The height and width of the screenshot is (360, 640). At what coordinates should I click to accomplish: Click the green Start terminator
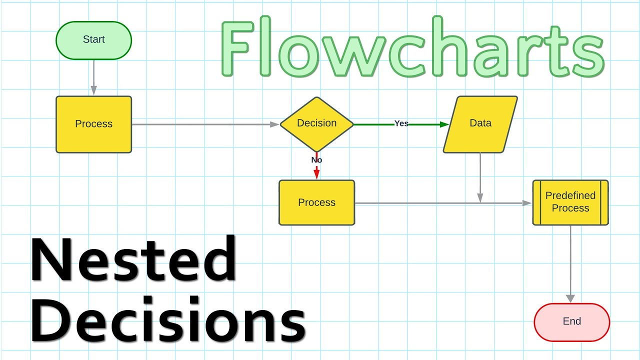(93, 40)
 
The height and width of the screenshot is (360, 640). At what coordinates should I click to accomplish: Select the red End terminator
(572, 322)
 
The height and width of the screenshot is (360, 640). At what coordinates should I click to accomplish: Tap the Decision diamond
(316, 123)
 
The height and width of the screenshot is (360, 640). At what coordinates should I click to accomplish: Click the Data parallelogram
(480, 123)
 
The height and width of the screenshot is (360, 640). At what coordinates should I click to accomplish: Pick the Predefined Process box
(570, 202)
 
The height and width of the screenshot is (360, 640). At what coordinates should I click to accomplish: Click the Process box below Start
(93, 124)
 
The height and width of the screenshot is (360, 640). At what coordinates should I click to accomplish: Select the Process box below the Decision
(316, 202)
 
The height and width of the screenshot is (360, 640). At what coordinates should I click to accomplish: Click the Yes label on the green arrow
(401, 123)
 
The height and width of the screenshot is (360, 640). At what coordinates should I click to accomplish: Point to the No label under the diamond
(316, 160)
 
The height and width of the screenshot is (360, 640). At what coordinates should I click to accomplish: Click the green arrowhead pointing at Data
(444, 124)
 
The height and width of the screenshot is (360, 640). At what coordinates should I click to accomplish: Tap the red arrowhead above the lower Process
(316, 174)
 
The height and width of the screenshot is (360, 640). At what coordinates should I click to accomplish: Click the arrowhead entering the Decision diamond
(274, 124)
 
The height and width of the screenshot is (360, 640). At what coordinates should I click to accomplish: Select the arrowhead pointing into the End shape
(570, 298)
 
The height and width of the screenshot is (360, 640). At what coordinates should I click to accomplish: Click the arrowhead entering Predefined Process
(527, 203)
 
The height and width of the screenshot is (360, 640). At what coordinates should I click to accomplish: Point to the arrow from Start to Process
(93, 75)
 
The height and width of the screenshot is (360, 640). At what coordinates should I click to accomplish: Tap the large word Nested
(133, 261)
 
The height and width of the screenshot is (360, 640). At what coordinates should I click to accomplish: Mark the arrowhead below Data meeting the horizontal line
(480, 198)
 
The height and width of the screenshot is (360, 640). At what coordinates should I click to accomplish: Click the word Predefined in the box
(570, 195)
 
